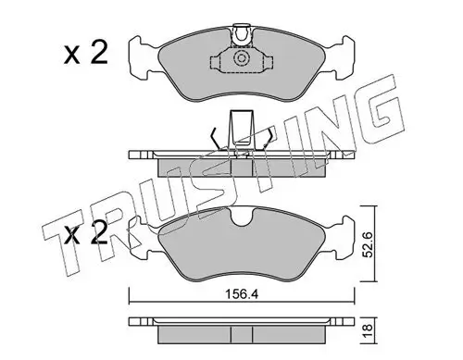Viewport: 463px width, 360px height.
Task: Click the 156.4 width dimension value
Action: tap(241, 294)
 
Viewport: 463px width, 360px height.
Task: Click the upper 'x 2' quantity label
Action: tap(86, 54)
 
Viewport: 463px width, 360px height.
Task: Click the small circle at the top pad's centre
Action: tap(241, 58)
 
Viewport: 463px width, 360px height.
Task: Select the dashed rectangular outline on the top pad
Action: tap(241, 60)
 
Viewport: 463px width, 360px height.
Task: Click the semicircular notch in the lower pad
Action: tap(242, 217)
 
